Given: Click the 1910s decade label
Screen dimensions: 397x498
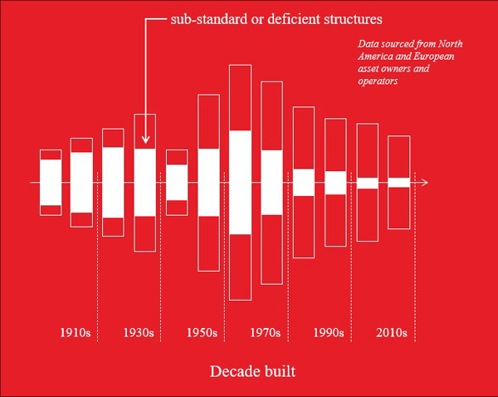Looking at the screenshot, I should click(76, 333).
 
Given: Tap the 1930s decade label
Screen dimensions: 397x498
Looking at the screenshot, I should click(139, 333).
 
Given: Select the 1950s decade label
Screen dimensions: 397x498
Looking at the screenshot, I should click(202, 333).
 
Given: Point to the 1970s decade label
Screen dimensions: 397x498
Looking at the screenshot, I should click(265, 333).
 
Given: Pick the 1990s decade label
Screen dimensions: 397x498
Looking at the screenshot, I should click(329, 333).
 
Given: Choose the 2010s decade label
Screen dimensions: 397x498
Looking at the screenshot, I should click(391, 333).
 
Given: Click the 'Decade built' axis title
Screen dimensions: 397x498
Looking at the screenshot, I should click(252, 370).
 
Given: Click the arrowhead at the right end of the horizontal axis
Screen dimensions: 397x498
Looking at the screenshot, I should click(424, 182).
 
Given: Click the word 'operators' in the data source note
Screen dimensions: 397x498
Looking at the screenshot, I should click(379, 81).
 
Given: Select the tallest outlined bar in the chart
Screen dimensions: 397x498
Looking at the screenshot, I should click(240, 182).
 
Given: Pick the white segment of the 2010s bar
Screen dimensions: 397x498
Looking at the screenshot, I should click(399, 182).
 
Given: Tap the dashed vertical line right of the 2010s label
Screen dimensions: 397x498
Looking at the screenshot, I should click(415, 274).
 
